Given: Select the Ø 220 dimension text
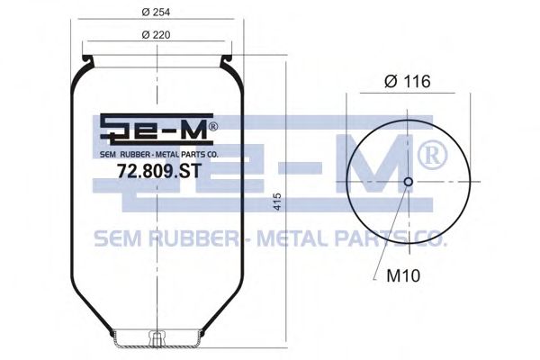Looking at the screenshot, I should click(157, 34).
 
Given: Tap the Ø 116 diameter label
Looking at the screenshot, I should click(407, 81).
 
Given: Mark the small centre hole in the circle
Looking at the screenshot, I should click(408, 183).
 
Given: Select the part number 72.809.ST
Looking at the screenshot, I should click(157, 168).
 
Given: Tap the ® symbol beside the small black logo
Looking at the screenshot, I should click(212, 127).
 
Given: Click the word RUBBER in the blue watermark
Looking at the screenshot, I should click(188, 238).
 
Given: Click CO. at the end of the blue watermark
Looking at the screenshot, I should click(428, 238).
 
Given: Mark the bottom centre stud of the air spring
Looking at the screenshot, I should click(157, 340).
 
